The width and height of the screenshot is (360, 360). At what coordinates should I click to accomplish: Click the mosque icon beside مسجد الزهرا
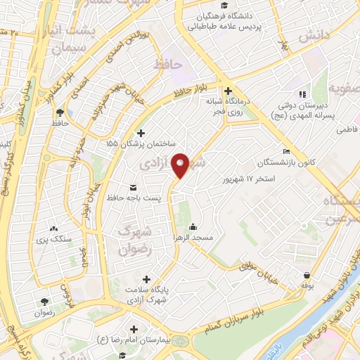[193, 226]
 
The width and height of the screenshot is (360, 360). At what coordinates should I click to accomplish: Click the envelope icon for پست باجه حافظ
[134, 187]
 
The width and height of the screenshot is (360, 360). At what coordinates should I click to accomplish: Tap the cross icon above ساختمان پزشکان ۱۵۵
[141, 133]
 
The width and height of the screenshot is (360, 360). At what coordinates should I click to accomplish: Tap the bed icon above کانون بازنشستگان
[285, 151]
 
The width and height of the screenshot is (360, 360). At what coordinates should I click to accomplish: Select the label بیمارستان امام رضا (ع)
[134, 342]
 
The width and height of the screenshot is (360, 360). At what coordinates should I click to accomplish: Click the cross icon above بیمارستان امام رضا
[134, 329]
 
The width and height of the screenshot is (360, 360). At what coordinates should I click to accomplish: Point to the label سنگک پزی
[54, 239]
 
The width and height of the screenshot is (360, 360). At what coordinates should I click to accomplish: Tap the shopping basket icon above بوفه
[307, 276]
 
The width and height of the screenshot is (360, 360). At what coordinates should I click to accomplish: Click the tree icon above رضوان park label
[44, 300]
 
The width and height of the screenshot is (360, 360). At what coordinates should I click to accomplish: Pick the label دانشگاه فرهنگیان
[217, 15]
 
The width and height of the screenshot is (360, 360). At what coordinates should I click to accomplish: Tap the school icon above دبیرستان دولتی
[302, 94]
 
